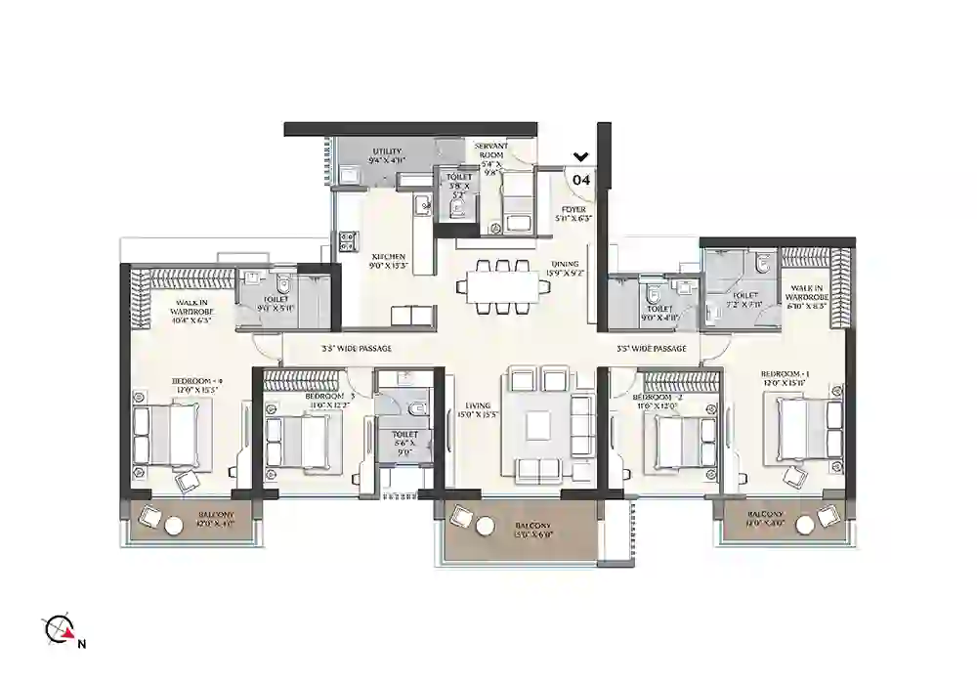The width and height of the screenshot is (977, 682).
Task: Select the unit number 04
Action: tap(580, 180)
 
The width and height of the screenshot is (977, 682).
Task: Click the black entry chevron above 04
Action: tap(580, 156)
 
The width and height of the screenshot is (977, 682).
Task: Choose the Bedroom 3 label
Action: tap(301, 397)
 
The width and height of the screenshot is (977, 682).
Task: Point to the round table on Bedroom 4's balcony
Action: tap(173, 526)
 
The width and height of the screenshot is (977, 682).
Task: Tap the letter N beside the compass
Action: tap(83, 643)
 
